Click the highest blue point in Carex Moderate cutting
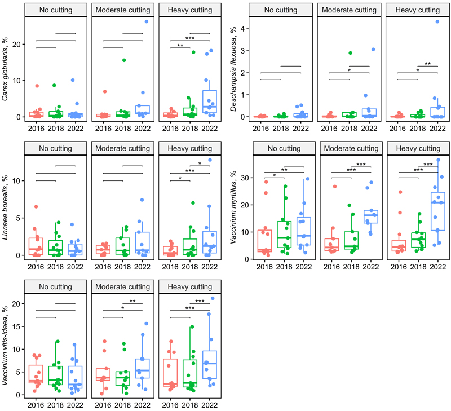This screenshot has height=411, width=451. pyautogui.click(x=146, y=21)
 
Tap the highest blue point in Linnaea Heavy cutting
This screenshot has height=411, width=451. pyautogui.click(x=210, y=160)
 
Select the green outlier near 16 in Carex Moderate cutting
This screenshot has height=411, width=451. pyautogui.click(x=123, y=60)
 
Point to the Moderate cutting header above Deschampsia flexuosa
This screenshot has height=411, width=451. pyautogui.click(x=348, y=10)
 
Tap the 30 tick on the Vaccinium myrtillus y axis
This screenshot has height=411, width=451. pyautogui.click(x=245, y=178)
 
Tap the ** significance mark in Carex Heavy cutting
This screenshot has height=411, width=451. pyautogui.click(x=180, y=46)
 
